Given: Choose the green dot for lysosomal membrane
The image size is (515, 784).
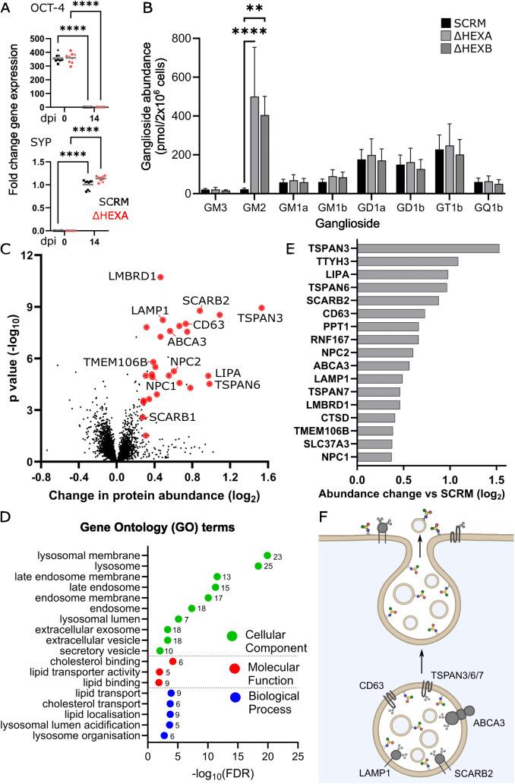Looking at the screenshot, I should [267, 555].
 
